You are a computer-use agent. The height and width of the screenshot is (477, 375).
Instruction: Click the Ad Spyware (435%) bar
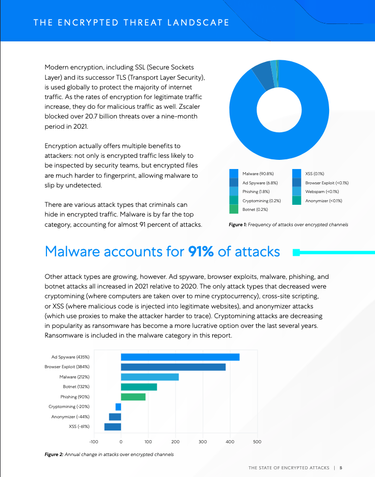pyautogui.click(x=180, y=357)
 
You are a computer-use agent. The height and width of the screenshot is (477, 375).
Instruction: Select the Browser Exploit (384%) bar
pyautogui.click(x=173, y=367)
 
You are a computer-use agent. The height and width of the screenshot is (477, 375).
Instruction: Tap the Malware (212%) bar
pyautogui.click(x=149, y=377)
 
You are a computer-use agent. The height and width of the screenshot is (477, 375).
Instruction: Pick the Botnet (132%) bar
pyautogui.click(x=139, y=387)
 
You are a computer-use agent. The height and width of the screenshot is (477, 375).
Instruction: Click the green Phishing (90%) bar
pyautogui.click(x=133, y=397)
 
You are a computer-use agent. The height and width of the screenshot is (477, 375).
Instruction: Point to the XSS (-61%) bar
pyautogui.click(x=112, y=426)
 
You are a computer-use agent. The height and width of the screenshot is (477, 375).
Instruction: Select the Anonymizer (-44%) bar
pyautogui.click(x=115, y=417)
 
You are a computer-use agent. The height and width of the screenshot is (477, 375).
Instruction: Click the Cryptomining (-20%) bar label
pyautogui.click(x=69, y=407)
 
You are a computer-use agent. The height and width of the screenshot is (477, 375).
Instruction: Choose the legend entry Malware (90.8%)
pyautogui.click(x=258, y=174)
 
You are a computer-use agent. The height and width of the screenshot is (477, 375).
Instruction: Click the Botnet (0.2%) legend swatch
pyautogui.click(x=234, y=209)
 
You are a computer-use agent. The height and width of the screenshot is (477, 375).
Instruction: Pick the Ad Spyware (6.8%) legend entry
pyautogui.click(x=260, y=183)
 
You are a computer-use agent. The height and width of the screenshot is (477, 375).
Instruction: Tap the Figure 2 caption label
pyautogui.click(x=54, y=455)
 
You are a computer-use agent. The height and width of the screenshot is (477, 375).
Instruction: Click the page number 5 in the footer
pyautogui.click(x=341, y=467)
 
